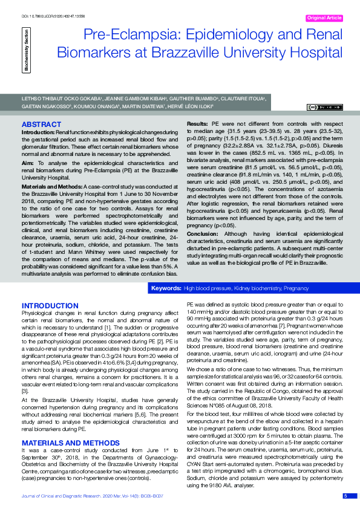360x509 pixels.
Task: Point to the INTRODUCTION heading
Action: click(47, 306)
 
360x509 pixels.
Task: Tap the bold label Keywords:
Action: click(166, 290)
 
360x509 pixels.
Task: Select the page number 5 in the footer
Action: click(345, 496)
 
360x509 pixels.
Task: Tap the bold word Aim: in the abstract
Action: click(28, 163)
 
